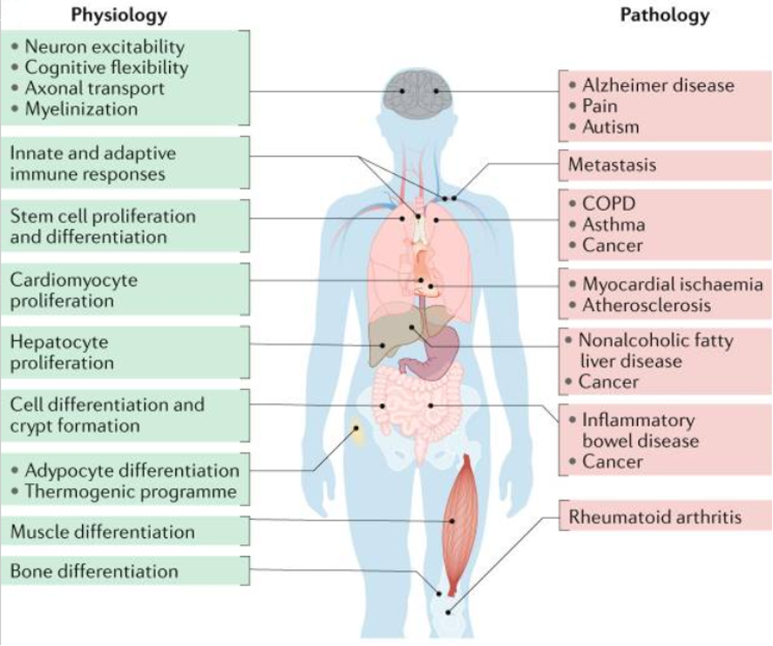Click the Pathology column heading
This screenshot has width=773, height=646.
pos(664,15)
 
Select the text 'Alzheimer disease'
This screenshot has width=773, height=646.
pos(658,85)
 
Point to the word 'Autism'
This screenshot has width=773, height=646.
pos(610,126)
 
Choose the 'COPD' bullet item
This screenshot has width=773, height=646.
pos(609,203)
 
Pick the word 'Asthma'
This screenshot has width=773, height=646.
pos(614,224)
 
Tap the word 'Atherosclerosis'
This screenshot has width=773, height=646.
pos(647,305)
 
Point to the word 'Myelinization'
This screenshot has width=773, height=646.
pos(81,109)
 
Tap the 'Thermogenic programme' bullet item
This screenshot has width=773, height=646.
pos(131,491)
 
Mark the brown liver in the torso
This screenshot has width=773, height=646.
pos(388,339)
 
